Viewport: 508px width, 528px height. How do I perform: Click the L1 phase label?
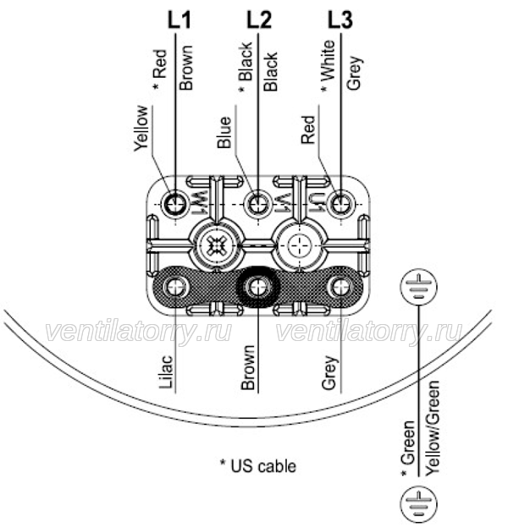click(179, 19)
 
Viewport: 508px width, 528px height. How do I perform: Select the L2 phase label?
click(259, 19)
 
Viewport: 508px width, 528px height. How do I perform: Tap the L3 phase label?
click(340, 19)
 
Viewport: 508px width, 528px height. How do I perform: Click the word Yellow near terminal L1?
click(141, 129)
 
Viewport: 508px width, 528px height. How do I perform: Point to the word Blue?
click(224, 132)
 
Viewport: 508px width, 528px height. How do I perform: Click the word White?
click(329, 61)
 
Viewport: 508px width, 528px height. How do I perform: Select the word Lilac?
click(167, 372)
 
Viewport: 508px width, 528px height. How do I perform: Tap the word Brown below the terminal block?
click(248, 367)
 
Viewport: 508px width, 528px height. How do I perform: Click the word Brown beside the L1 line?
click(186, 68)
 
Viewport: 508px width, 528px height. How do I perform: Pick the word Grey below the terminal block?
click(330, 372)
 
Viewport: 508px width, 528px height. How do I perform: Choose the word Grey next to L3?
click(355, 73)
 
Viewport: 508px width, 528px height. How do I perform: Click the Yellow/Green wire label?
click(433, 428)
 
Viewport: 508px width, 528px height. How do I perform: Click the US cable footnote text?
click(258, 466)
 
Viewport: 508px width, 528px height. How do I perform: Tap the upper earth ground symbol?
click(419, 287)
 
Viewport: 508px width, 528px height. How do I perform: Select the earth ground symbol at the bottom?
click(419, 505)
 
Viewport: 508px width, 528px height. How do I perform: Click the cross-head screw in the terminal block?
click(216, 245)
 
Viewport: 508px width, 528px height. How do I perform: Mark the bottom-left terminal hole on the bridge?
click(175, 287)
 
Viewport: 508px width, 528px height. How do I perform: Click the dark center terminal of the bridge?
click(258, 287)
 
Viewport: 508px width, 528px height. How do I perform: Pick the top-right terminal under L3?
click(341, 203)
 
